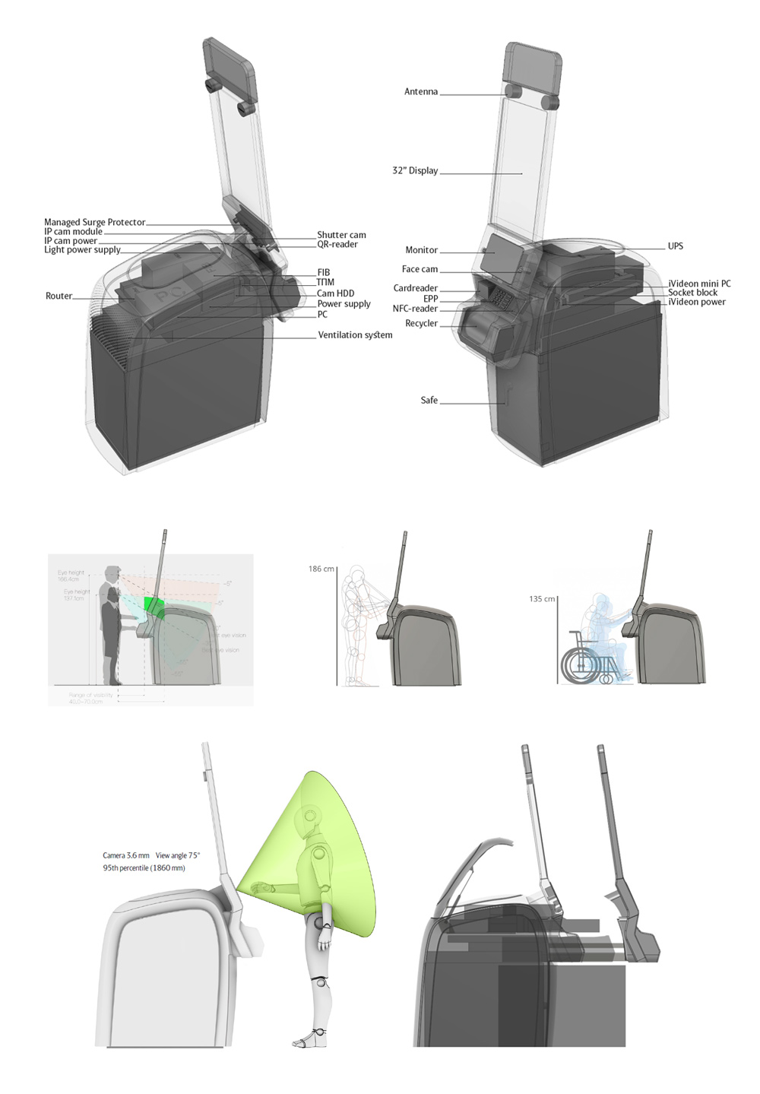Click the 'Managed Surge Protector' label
(94, 222)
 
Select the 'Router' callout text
(59, 296)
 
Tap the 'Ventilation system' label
(355, 335)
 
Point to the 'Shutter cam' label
(341, 235)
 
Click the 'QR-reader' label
(337, 244)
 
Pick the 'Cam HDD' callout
(335, 293)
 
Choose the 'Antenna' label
(420, 92)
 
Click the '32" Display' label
(415, 171)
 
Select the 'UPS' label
(675, 246)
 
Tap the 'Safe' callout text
(429, 401)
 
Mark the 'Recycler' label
(421, 323)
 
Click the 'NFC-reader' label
(415, 309)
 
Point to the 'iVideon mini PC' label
(699, 284)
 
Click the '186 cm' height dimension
(321, 569)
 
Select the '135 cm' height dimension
(541, 599)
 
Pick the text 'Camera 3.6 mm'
(126, 855)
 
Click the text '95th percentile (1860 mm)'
(144, 867)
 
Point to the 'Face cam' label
(420, 269)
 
